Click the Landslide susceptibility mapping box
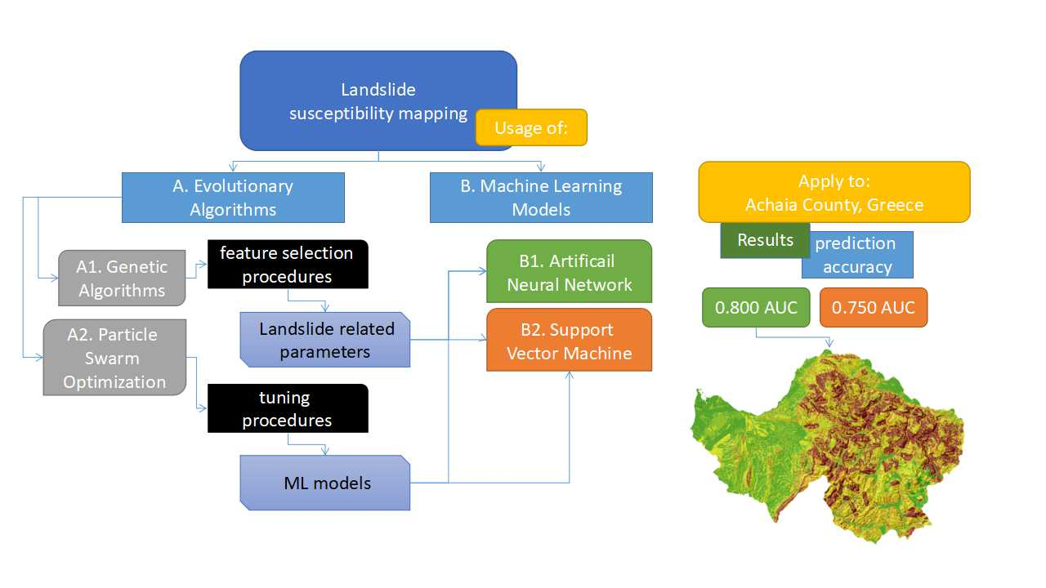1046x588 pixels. tap(360, 90)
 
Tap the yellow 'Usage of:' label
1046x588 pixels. tap(531, 127)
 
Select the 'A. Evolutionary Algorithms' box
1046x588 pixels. tap(233, 198)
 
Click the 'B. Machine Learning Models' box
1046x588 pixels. tap(541, 198)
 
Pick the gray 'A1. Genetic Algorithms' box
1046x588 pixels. tap(122, 278)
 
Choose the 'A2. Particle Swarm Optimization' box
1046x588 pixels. tap(114, 358)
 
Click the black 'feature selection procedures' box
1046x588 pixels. tap(287, 265)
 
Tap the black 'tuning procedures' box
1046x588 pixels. tap(287, 408)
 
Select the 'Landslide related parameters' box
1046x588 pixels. tap(325, 340)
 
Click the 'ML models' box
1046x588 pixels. tap(325, 483)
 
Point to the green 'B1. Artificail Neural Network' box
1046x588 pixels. tap(569, 272)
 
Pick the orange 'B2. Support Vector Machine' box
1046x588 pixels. tap(569, 341)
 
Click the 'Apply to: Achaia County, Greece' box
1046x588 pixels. tap(834, 192)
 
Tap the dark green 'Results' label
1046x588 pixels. tap(765, 240)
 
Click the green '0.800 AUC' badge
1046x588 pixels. tap(756, 308)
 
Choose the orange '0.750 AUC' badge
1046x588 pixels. tap(873, 308)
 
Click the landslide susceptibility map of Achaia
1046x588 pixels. tap(834, 441)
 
